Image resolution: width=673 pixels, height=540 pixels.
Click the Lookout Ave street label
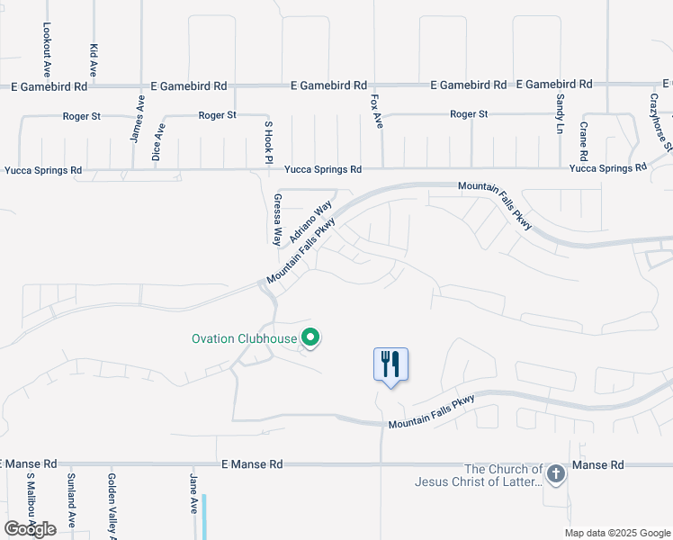46,49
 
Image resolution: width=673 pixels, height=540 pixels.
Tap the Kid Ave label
93,58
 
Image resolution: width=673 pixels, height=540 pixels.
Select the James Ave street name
138,119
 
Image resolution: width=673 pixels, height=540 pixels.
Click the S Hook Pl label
267,141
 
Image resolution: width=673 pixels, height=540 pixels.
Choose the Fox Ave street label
376,111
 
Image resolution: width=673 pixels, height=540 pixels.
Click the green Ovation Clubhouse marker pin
311,338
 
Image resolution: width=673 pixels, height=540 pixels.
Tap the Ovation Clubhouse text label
245,339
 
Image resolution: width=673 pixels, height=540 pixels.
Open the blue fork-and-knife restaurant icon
390,364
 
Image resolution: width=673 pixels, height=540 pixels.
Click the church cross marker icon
556,473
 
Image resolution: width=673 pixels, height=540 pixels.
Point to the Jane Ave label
193,494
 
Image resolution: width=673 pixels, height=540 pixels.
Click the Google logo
31,529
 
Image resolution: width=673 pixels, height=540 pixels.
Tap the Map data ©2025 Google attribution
616,533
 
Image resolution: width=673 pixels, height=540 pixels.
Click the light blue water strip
205,517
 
